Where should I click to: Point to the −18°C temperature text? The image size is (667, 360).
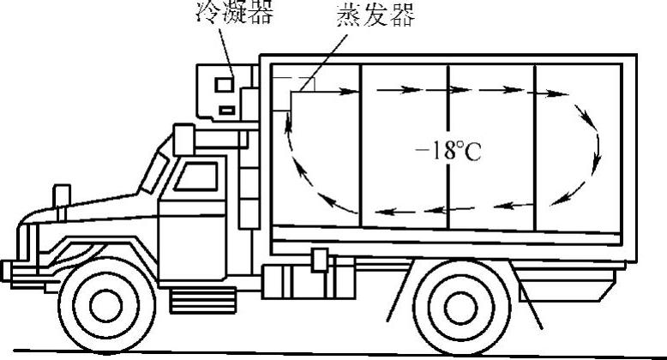(448, 152)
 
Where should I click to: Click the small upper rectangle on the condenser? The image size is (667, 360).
(223, 85)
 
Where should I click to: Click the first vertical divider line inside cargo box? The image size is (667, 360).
(361, 146)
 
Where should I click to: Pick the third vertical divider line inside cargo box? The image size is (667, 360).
(534, 146)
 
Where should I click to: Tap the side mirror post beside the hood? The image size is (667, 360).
(63, 196)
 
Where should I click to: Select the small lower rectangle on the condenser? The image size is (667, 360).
(225, 109)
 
